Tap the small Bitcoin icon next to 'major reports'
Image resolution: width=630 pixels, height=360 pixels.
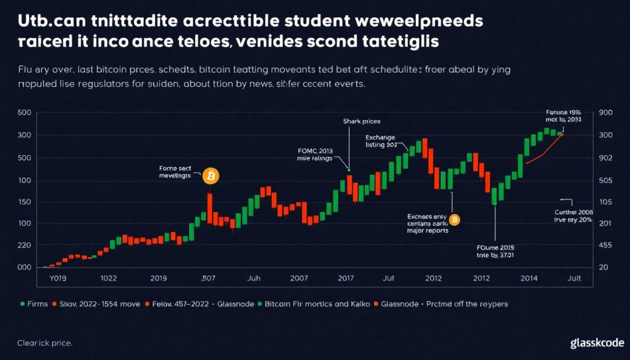(455, 220)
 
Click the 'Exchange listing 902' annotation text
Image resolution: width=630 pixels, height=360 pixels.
(381, 141)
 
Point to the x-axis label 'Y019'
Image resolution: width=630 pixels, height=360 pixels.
(57, 279)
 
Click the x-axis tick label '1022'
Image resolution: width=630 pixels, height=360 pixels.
(108, 279)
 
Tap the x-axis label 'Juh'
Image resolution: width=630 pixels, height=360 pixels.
(254, 279)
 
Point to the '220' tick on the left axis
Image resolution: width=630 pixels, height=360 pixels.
(25, 246)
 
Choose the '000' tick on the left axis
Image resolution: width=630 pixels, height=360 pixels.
(25, 268)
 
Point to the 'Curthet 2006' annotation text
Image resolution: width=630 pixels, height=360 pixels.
(573, 211)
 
